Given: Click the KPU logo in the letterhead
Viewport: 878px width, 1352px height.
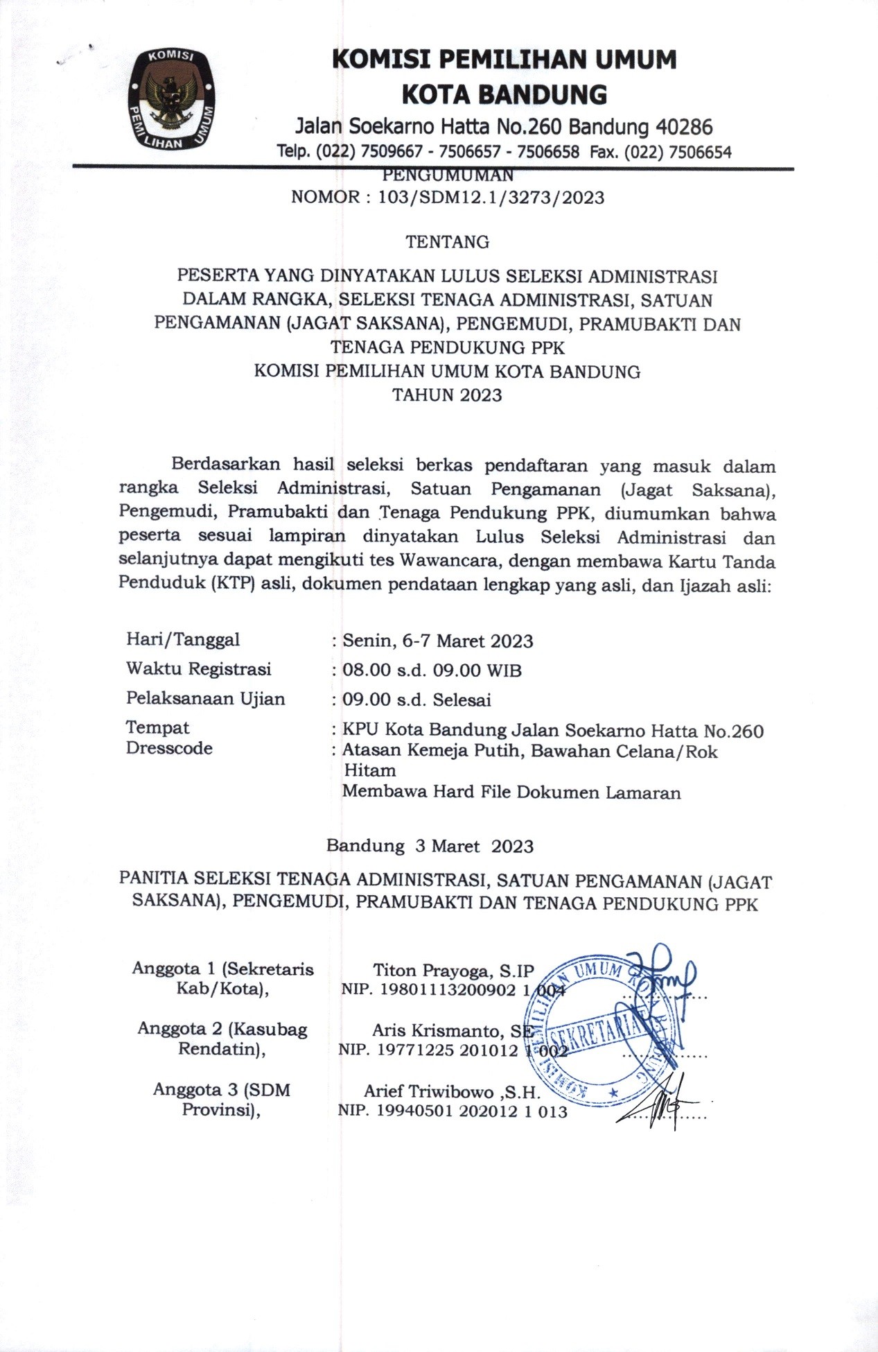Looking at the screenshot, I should point(169,99).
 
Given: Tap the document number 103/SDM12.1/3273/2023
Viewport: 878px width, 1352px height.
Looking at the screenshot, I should point(491,198).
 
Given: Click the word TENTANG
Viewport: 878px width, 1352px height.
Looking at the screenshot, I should point(447,242).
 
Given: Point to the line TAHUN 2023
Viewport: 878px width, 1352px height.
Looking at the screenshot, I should point(447,395).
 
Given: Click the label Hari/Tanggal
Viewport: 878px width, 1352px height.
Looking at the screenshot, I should point(183,639).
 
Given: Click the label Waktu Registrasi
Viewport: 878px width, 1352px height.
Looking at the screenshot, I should point(198,669).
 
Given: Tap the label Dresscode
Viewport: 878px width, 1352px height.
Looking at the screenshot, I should point(169,748).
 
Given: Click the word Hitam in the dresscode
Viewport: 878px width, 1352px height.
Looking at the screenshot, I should point(370,770).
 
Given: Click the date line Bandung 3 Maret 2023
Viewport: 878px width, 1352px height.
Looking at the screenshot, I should point(430,846).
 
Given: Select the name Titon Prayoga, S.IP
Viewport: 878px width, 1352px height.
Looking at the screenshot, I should point(454,970).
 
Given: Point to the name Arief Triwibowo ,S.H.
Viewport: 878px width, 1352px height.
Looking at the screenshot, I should point(452,1091).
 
